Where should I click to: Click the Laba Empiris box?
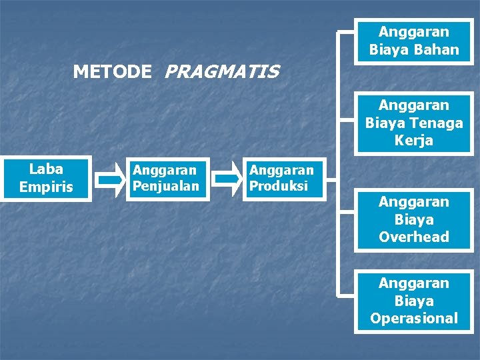[45, 178]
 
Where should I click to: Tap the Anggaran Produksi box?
[281, 179]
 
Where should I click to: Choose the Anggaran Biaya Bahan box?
[413, 41]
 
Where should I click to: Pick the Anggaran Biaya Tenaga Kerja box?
[413, 123]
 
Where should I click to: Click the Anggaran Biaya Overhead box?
[413, 219]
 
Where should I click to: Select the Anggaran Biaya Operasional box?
[413, 301]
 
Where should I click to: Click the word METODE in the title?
[112, 71]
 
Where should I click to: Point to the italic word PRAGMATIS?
[221, 71]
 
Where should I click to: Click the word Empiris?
[46, 187]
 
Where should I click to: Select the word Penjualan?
[166, 186]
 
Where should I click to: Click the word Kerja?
[413, 141]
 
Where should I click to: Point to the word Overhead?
[413, 237]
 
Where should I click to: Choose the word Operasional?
[413, 318]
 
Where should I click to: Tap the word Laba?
[46, 169]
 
